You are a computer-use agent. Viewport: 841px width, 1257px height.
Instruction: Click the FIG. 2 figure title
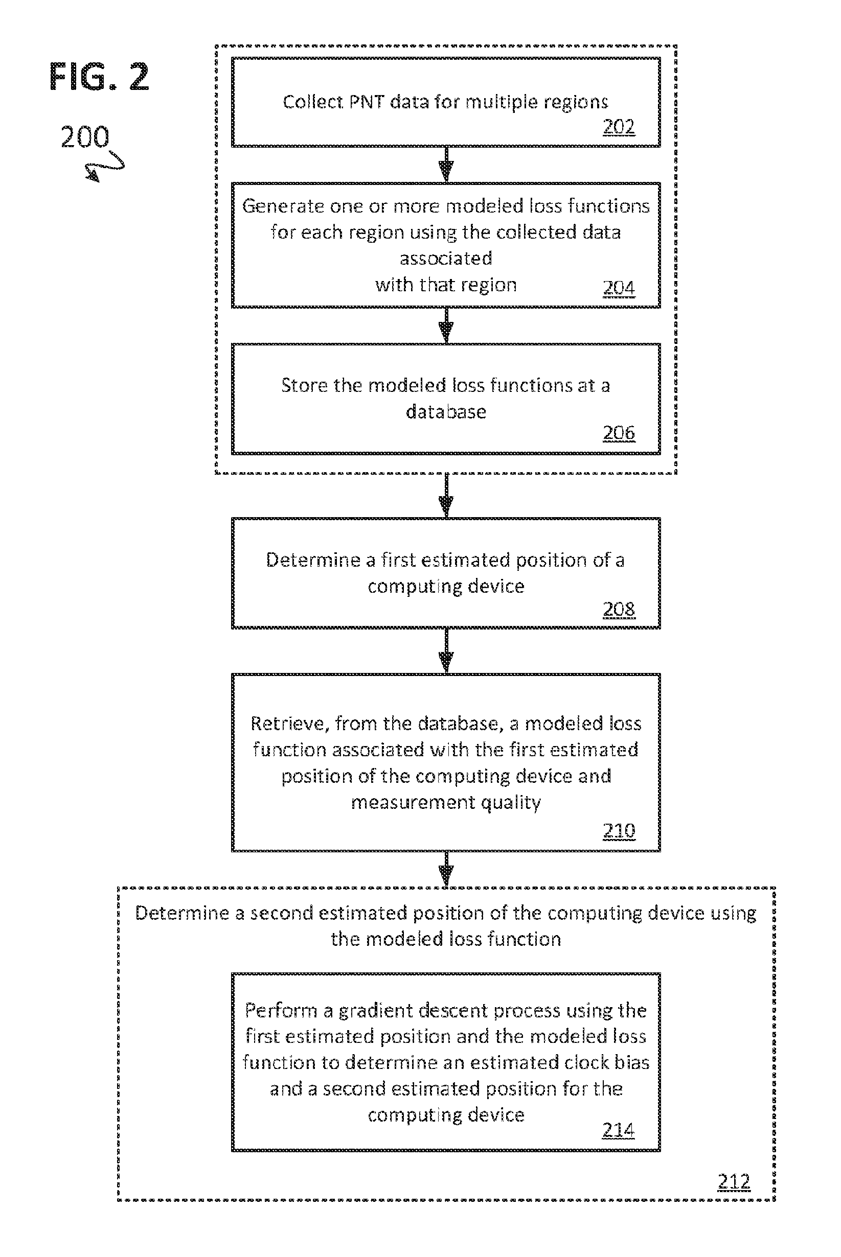99,77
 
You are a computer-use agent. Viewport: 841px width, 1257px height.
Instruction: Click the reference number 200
85,137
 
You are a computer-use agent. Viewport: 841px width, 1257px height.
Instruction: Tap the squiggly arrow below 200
105,166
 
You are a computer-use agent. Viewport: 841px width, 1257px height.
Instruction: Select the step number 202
619,127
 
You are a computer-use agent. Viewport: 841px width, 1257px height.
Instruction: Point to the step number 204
619,288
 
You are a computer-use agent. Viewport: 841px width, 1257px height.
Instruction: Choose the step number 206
619,433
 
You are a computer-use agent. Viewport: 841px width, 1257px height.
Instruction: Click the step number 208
619,609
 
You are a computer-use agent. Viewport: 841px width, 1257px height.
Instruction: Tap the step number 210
619,830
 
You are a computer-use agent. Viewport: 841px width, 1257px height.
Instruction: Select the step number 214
619,1129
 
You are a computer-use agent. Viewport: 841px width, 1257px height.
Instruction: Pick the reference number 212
734,1181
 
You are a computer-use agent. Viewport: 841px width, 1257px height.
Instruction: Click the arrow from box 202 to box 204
446,165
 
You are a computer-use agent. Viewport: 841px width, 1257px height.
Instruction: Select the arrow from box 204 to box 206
446,325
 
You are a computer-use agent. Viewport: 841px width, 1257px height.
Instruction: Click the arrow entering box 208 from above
446,496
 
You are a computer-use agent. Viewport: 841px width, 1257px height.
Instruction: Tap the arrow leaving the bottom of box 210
446,869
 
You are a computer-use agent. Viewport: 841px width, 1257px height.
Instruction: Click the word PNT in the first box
367,101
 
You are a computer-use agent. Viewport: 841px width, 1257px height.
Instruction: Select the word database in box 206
446,411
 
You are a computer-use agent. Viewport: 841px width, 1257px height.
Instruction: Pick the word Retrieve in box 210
289,724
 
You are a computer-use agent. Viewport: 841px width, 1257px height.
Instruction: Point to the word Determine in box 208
313,560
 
